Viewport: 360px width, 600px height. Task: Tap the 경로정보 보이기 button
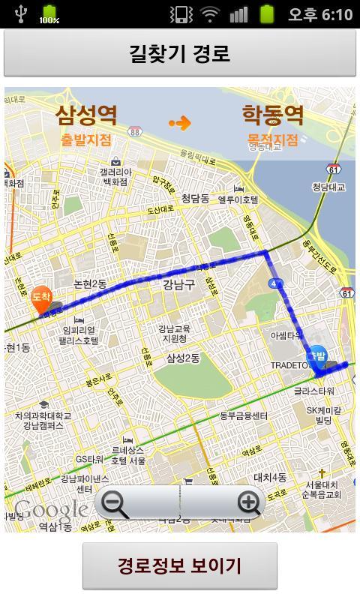(180, 565)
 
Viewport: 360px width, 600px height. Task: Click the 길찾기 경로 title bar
(180, 53)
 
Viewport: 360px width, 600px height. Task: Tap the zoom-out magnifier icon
(115, 502)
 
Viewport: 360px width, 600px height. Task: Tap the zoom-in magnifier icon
(248, 502)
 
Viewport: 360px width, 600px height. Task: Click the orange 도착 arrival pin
(41, 298)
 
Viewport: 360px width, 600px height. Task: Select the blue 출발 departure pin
(317, 357)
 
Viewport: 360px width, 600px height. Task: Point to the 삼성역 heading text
(87, 115)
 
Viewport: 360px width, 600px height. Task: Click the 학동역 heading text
(272, 115)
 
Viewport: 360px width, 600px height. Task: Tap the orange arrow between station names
(180, 123)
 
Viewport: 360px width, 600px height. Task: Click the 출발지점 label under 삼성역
(86, 139)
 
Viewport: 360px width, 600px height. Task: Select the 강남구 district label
(178, 284)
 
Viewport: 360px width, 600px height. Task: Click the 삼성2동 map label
(183, 358)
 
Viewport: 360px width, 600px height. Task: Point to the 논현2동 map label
(90, 284)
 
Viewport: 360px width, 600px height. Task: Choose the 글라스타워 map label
(313, 391)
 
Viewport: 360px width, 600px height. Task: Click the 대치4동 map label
(270, 477)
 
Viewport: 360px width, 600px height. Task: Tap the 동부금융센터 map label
(243, 415)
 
